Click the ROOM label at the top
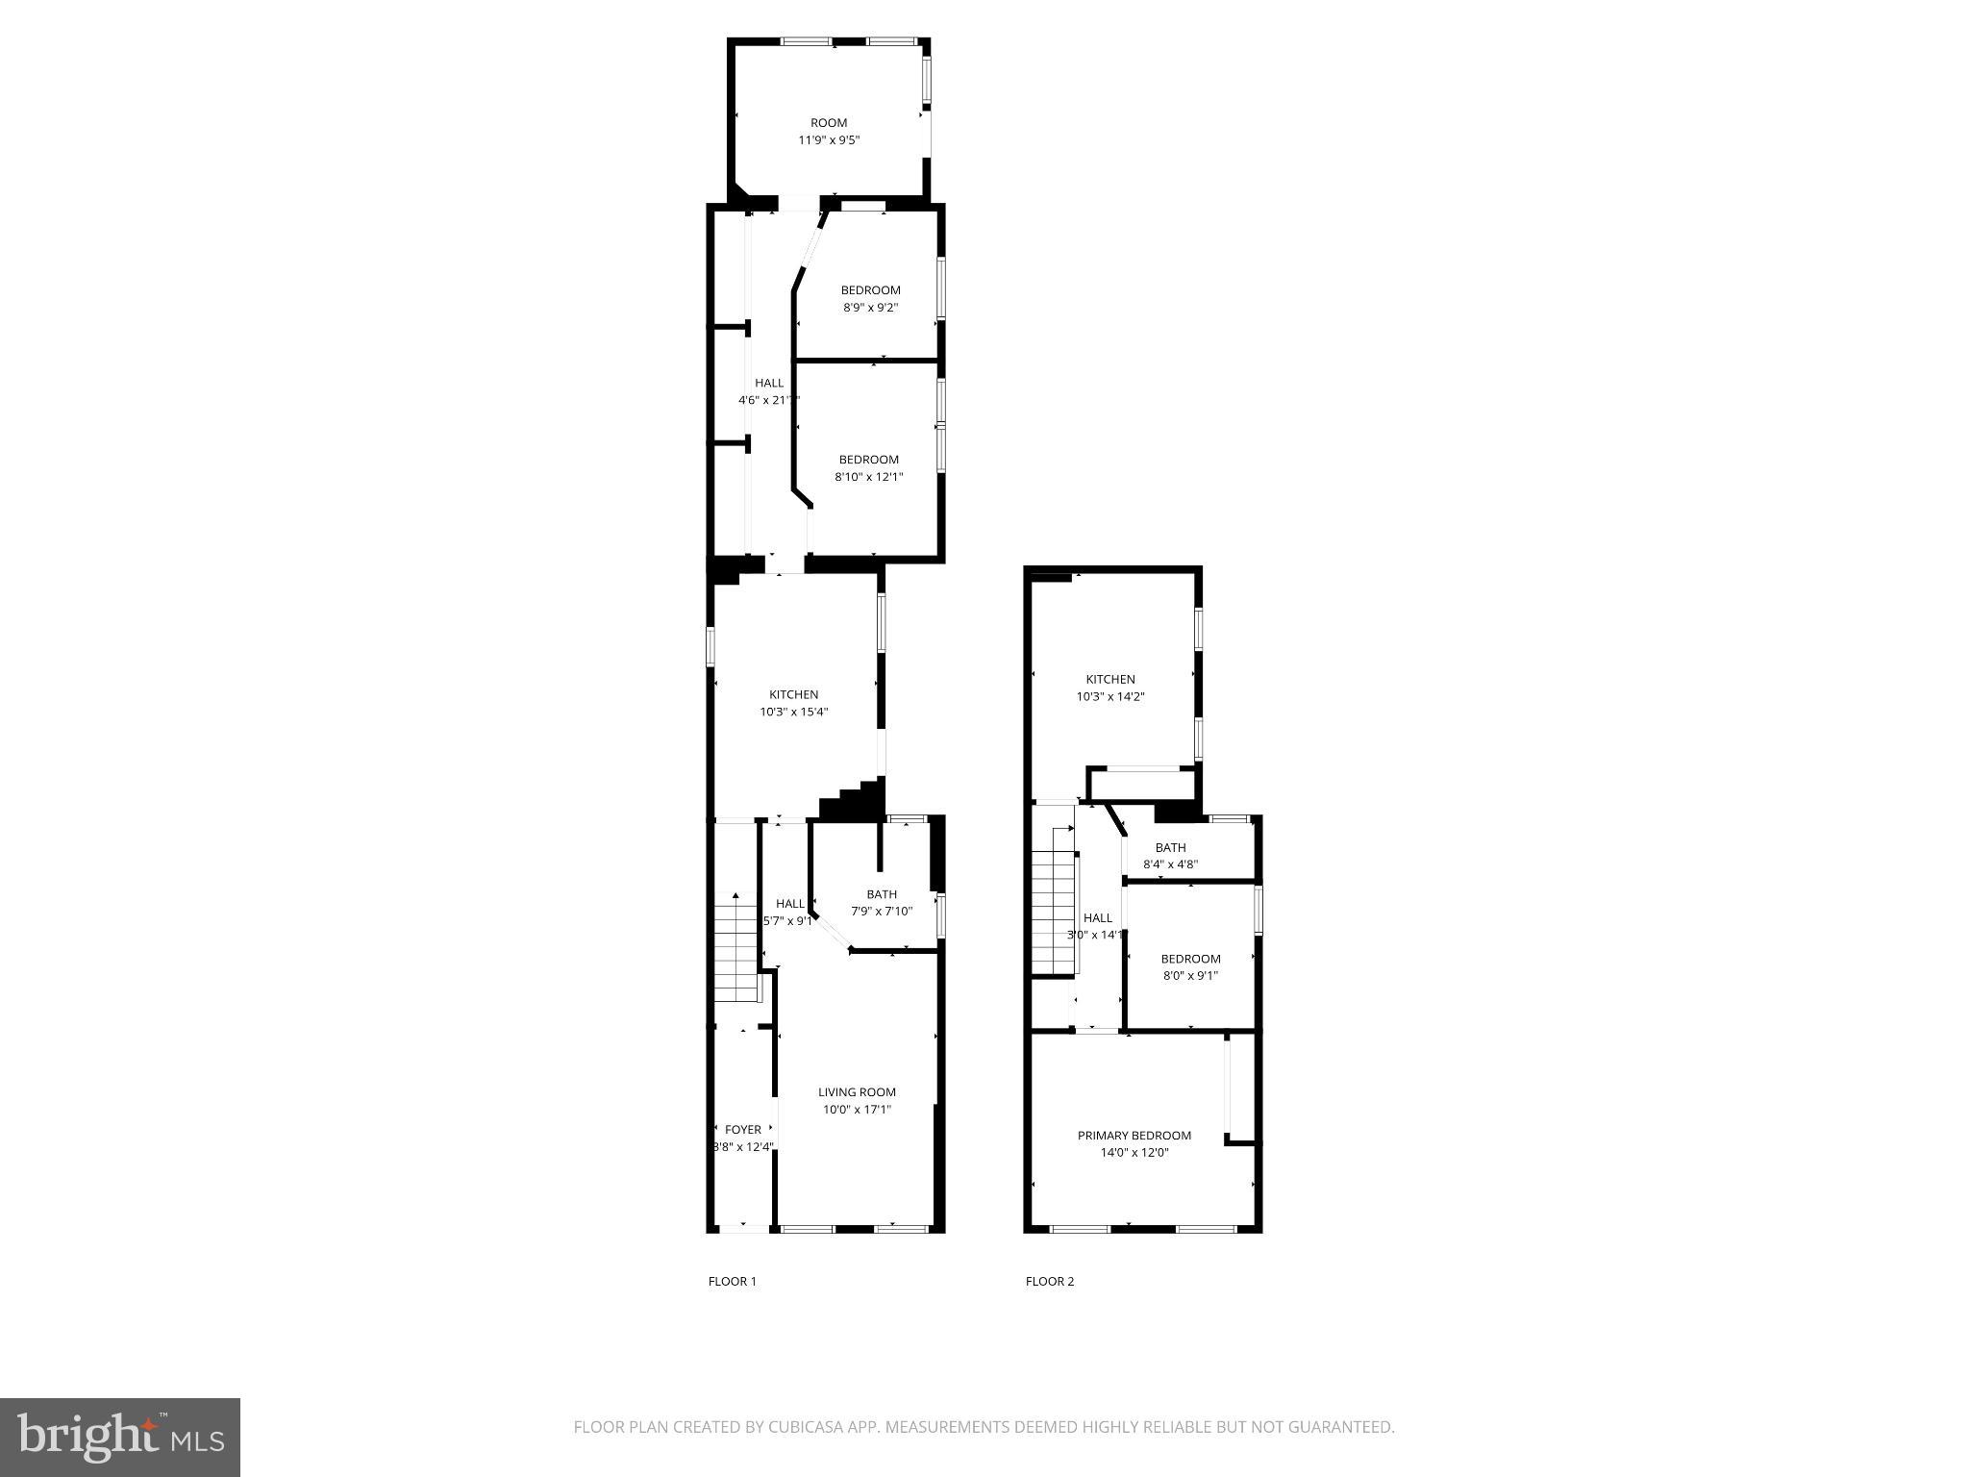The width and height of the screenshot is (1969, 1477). [829, 123]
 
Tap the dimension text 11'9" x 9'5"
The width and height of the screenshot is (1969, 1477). [829, 140]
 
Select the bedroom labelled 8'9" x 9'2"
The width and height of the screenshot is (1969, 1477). [870, 290]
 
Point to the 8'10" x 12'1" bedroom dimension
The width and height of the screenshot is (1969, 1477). [869, 477]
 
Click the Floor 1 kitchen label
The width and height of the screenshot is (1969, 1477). [793, 695]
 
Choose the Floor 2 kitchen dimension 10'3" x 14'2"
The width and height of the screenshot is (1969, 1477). [1110, 697]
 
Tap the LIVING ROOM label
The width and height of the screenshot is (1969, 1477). [857, 1092]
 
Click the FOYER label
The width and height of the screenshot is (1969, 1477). [743, 1130]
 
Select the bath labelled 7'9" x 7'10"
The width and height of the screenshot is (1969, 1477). [882, 895]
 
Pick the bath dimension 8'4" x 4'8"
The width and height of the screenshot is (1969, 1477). [1170, 864]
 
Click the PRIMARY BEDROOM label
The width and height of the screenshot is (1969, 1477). [1134, 1136]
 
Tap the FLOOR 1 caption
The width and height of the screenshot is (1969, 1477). [733, 1281]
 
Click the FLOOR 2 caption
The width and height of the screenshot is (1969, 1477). [1050, 1281]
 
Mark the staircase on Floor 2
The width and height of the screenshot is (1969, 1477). [1053, 914]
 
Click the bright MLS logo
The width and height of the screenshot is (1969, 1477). [120, 1437]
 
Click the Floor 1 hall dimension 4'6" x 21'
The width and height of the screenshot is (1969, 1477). [768, 400]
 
